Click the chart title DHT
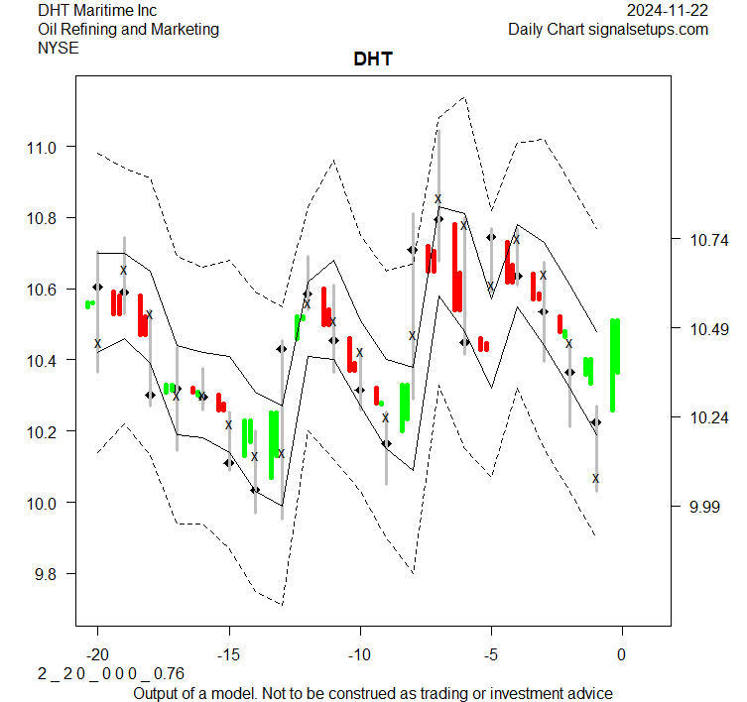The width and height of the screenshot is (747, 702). (x=373, y=59)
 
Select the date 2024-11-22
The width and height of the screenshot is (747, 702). (x=668, y=11)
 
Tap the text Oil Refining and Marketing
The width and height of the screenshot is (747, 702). (x=128, y=29)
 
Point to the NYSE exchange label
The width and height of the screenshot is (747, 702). (x=58, y=47)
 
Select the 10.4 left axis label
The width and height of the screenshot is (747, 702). (x=46, y=360)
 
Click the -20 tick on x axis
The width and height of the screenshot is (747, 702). (x=97, y=654)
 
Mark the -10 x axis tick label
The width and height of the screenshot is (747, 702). (x=359, y=654)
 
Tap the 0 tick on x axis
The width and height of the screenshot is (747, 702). (x=622, y=654)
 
